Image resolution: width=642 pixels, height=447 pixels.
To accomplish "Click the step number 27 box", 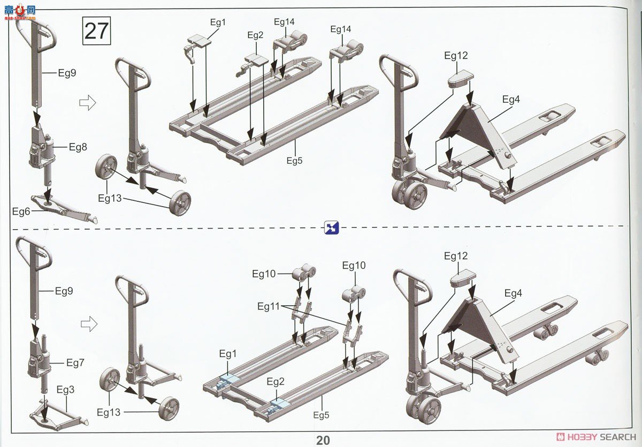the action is tap(97, 31).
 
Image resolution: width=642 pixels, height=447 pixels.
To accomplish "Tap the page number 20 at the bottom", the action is tap(323, 440).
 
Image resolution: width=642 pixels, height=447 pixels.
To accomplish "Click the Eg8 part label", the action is tap(78, 147).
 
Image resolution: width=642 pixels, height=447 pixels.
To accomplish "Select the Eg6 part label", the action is tap(21, 211).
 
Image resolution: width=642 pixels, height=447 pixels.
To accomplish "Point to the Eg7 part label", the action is tap(75, 363).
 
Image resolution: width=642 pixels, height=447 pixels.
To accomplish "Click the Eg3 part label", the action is tap(65, 390).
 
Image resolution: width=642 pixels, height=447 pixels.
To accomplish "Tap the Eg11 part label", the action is tap(268, 306).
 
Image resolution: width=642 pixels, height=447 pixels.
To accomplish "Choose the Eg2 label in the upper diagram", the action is tap(255, 35).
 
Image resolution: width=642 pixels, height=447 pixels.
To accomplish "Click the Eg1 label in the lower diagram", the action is tap(228, 354).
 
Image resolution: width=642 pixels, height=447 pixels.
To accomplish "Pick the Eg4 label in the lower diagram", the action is tap(513, 293).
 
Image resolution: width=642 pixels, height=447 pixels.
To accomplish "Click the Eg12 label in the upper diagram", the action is tap(456, 55).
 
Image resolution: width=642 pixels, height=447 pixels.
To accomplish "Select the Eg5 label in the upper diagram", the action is tap(295, 161).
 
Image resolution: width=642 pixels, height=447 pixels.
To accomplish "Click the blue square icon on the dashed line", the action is tap(332, 228).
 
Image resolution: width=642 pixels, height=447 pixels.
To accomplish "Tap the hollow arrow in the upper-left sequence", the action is tap(87, 102).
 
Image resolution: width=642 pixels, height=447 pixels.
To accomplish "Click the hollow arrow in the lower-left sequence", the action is tap(89, 324).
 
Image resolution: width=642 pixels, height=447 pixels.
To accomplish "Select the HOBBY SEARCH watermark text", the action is tap(597, 437).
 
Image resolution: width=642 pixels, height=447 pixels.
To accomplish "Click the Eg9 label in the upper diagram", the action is tap(67, 73).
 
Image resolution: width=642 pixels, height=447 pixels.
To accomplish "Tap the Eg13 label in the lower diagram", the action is tap(109, 412).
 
